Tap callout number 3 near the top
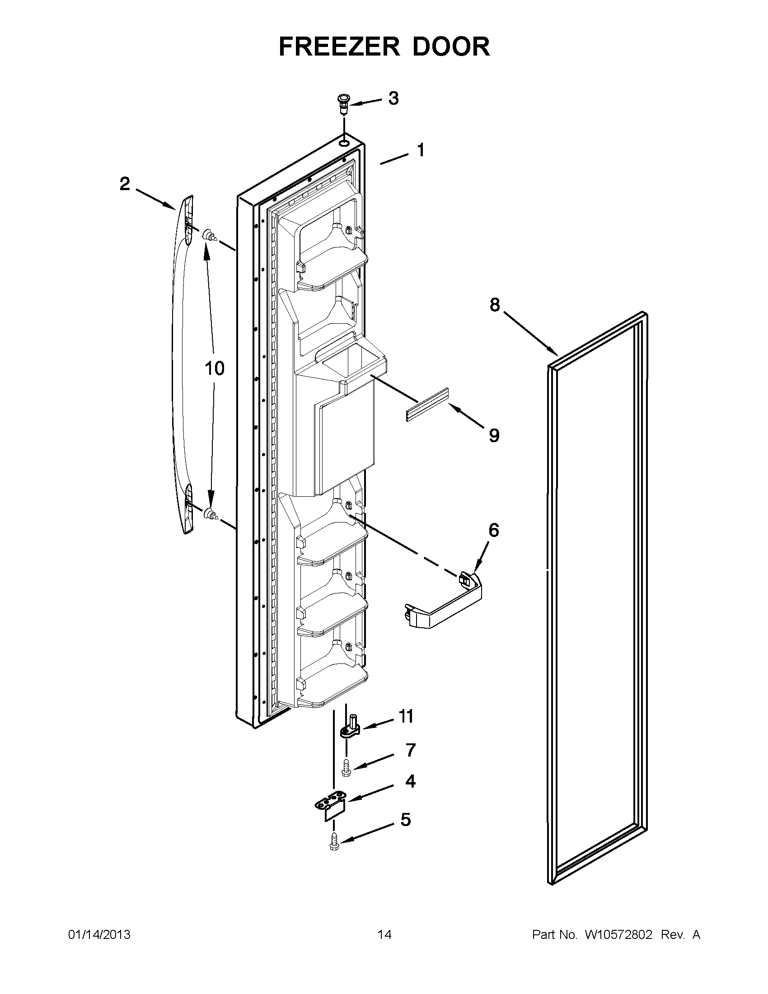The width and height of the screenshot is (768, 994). point(393,98)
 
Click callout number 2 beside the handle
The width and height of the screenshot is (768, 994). point(125,184)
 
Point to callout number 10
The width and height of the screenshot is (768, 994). point(215,368)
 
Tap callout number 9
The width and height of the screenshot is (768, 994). point(494,435)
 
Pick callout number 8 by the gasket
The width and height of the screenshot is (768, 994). point(495,304)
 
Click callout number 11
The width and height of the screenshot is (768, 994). point(406,716)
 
